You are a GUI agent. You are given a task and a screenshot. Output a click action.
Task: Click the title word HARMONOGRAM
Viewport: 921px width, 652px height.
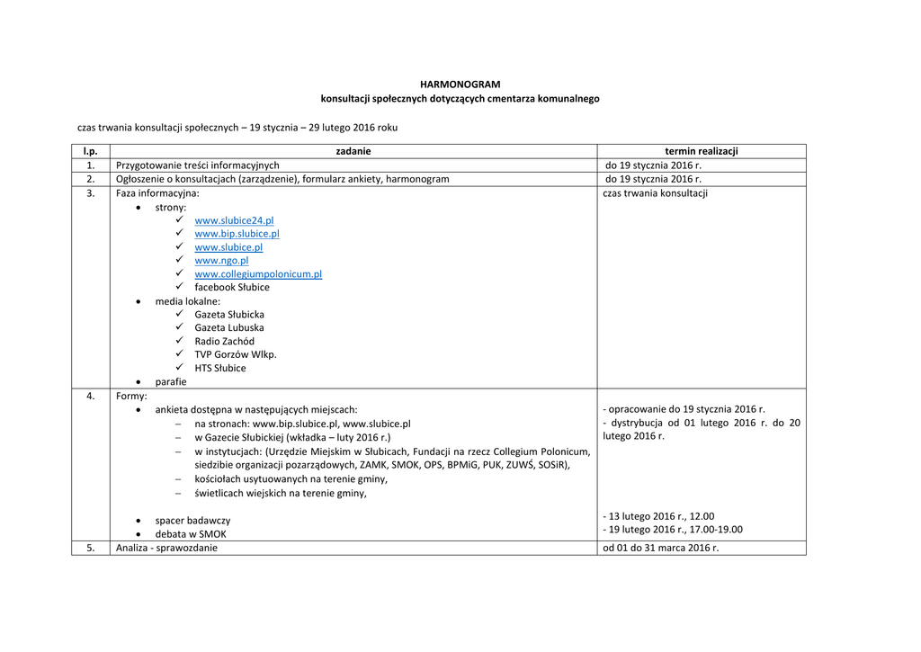[460, 85]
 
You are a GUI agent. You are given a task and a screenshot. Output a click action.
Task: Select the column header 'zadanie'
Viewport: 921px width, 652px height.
[353, 152]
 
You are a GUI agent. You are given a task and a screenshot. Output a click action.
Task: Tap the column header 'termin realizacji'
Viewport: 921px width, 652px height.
[701, 152]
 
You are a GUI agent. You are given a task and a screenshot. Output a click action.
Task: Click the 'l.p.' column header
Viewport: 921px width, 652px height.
[90, 152]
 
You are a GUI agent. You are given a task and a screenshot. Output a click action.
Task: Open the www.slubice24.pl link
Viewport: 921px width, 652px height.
[234, 220]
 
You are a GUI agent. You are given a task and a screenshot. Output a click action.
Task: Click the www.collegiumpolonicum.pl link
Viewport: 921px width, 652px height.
[258, 274]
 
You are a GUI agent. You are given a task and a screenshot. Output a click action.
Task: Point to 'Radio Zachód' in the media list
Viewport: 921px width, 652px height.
[224, 342]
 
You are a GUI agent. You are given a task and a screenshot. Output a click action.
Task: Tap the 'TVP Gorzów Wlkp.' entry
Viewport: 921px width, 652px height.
[236, 354]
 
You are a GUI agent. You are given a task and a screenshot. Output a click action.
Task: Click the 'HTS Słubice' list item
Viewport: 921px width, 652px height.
[219, 368]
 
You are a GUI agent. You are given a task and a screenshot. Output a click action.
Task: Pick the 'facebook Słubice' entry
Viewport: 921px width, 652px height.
[231, 288]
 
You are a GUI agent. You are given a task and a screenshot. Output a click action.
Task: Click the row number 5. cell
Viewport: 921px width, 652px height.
[90, 548]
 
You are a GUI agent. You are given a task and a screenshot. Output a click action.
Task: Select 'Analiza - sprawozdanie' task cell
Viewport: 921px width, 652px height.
[166, 548]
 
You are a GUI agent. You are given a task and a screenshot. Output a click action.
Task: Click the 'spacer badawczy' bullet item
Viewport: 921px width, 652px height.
[192, 521]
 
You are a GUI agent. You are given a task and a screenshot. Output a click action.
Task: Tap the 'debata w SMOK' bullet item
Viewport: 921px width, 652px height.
[191, 534]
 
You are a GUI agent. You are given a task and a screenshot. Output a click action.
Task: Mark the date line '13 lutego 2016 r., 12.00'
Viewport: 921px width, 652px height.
[660, 516]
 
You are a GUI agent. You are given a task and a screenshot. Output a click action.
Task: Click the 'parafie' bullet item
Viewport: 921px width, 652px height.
[171, 381]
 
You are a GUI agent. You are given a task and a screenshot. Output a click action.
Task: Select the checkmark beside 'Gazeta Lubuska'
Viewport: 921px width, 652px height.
[180, 328]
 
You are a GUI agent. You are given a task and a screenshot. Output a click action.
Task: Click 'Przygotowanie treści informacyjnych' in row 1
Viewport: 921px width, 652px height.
[197, 165]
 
